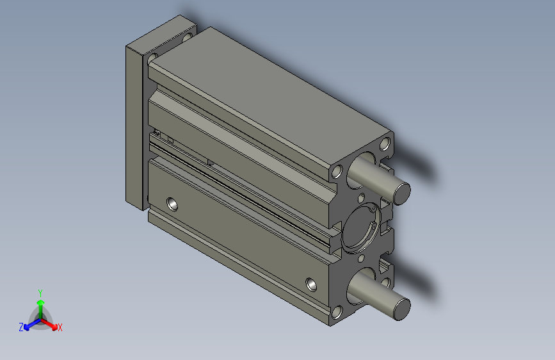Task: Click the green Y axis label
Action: coord(40,291)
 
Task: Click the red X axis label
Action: coord(60,327)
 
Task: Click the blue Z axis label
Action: coord(20,327)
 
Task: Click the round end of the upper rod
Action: coord(401,192)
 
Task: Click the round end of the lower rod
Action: coord(401,309)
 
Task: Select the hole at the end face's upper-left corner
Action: coord(338,171)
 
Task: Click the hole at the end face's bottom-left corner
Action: coord(337,313)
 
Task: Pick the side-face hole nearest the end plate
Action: coord(172,204)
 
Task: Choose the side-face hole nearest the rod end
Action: coord(311,283)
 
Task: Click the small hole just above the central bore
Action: coord(361,197)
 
